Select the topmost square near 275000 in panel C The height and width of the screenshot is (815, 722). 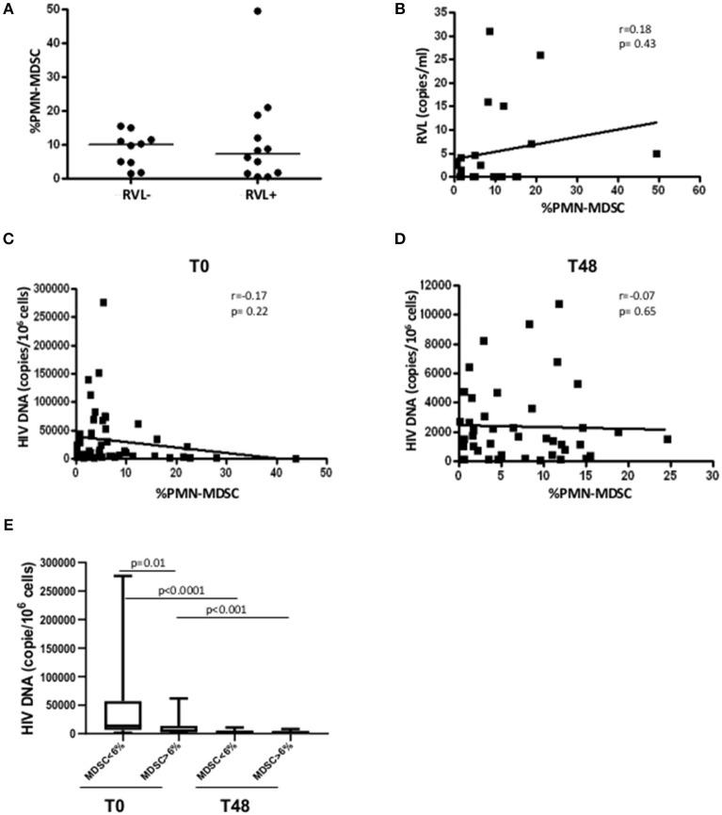[104, 302]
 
